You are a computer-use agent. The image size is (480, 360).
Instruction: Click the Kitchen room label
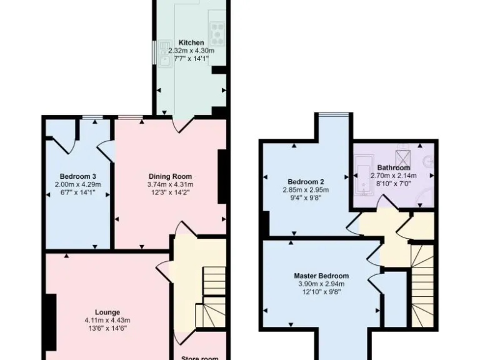191,42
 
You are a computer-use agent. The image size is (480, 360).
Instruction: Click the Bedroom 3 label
77,176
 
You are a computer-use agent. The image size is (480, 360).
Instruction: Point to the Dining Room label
169,176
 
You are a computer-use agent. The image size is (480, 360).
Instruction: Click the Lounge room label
107,312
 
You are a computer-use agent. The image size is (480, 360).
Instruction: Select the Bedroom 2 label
306,181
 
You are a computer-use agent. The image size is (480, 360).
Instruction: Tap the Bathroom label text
394,167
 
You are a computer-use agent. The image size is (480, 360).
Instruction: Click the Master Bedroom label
321,276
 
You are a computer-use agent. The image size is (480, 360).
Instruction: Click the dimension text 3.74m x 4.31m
169,184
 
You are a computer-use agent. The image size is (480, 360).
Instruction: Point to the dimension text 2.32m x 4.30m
191,50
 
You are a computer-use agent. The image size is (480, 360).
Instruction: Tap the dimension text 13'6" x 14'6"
107,329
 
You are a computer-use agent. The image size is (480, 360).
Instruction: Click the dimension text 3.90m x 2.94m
321,284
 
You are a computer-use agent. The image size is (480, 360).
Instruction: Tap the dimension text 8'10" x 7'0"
394,184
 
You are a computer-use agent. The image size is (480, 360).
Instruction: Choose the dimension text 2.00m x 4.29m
77,184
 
